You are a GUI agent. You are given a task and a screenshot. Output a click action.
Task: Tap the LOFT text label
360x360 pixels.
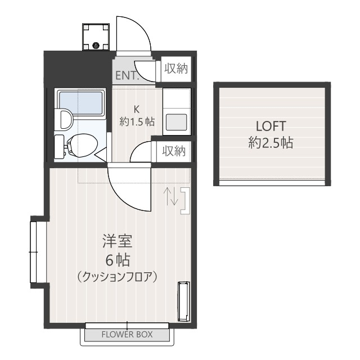click(271, 125)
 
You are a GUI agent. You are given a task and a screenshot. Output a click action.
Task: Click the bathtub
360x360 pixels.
click(82, 102)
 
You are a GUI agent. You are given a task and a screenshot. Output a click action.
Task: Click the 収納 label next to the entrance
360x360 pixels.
click(175, 69)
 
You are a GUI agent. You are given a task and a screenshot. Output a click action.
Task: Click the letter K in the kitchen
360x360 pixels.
click(136, 109)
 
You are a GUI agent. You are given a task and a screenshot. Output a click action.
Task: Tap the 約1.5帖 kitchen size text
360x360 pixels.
click(137, 121)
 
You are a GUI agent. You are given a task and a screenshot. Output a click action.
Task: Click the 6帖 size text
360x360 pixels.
click(118, 260)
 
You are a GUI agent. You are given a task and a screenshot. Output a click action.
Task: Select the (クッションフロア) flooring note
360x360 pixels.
click(116, 277)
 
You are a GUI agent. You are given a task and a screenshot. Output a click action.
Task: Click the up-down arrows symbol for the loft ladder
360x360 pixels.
click(172, 196)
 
